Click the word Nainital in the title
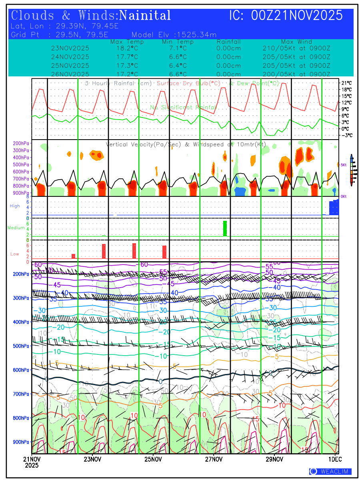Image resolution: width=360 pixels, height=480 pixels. click(145, 16)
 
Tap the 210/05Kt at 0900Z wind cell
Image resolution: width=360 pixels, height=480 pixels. click(296, 48)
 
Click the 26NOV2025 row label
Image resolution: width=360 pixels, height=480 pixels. click(70, 74)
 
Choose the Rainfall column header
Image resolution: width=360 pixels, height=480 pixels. click(228, 42)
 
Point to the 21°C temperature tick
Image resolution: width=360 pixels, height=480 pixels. click(346, 83)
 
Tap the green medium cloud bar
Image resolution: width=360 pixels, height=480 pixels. click(225, 228)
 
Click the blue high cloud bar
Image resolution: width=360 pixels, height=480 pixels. click(334, 208)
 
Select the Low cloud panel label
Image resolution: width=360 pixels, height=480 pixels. click(14, 254)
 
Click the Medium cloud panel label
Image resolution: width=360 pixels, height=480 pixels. click(16, 228)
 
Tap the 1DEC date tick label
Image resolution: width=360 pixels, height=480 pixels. click(334, 459)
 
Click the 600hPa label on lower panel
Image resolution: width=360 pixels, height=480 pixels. click(20, 370)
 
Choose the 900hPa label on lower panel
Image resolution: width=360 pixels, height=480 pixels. click(20, 442)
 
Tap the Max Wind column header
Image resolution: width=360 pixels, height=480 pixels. click(296, 42)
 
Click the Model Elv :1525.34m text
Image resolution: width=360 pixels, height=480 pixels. click(174, 34)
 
